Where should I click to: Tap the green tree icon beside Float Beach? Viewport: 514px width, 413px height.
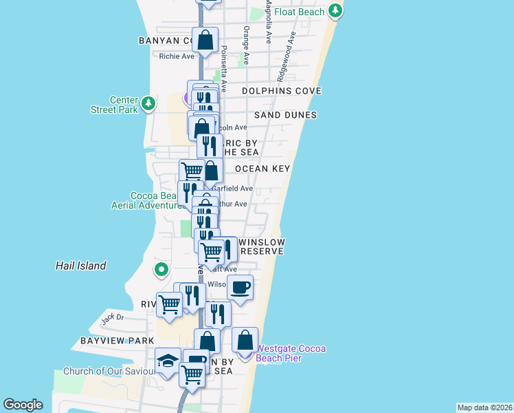(335, 10)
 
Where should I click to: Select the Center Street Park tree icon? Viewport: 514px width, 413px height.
(149, 104)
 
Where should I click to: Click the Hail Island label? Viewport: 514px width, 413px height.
(81, 266)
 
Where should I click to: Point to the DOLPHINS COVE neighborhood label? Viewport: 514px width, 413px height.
(281, 91)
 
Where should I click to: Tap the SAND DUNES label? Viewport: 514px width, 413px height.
(285, 115)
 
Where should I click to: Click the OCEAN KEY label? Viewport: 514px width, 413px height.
(262, 169)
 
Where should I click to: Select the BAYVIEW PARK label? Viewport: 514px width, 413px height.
(117, 341)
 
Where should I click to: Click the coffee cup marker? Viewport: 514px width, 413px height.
(240, 287)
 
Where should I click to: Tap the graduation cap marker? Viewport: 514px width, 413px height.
(167, 361)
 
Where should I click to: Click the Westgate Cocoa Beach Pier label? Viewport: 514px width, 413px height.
(291, 353)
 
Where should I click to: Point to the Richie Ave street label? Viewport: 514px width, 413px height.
(177, 56)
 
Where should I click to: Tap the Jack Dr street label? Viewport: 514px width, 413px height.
(112, 318)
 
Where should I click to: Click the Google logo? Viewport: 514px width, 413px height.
(23, 405)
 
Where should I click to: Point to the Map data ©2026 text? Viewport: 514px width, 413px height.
(484, 407)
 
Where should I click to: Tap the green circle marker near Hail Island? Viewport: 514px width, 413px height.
(161, 269)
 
